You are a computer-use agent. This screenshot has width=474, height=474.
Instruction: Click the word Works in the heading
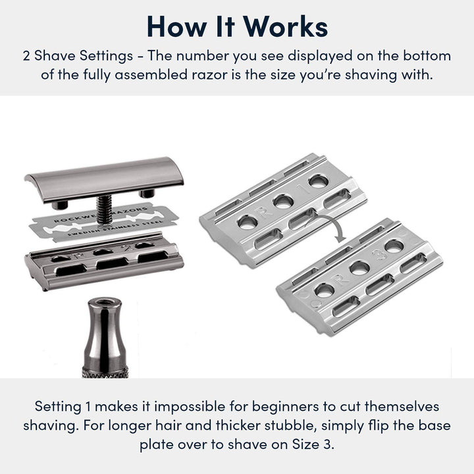tap(286, 26)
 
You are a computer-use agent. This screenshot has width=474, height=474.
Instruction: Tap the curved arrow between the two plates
tap(332, 226)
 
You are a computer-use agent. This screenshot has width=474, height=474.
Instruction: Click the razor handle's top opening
tap(105, 302)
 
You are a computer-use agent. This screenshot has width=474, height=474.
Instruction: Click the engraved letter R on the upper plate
tap(263, 211)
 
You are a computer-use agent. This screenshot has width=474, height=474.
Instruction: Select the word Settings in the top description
tap(106, 56)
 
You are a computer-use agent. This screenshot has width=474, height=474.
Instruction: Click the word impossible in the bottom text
tap(190, 407)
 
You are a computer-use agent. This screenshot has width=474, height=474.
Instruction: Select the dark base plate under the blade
tap(104, 261)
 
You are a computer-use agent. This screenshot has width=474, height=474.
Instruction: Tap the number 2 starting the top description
tap(26, 56)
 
